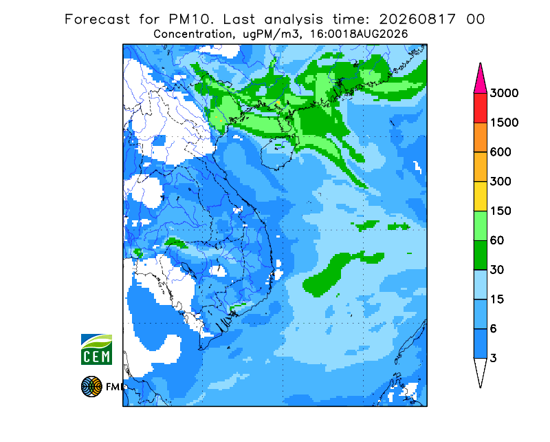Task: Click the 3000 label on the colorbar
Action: click(504, 93)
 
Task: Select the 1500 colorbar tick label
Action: click(504, 123)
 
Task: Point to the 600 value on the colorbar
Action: click(500, 152)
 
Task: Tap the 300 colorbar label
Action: click(500, 182)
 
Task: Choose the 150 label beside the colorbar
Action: click(500, 211)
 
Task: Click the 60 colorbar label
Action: click(497, 241)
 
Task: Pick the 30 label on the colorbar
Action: click(497, 270)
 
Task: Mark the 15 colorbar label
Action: click(497, 299)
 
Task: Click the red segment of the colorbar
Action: click(480, 108)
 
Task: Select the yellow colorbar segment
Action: click(480, 196)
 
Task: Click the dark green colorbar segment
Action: click(480, 255)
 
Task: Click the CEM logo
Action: click(96, 349)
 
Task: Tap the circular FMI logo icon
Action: click(91, 386)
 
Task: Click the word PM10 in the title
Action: click(191, 19)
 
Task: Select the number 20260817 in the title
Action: click(417, 19)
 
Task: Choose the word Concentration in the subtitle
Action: click(192, 34)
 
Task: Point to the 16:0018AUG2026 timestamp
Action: click(358, 34)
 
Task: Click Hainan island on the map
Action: click(279, 152)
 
